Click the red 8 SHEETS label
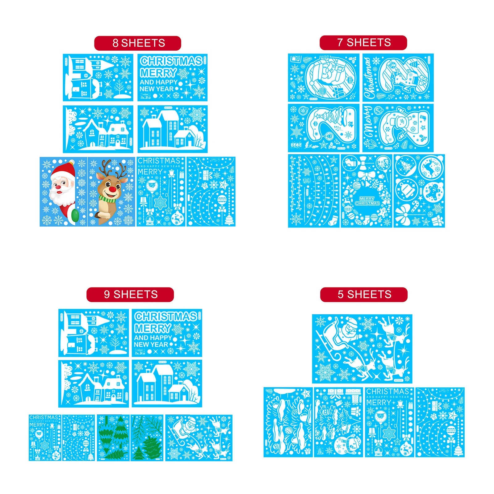[x=137, y=43]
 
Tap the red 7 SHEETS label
[x=363, y=43]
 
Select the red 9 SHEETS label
[x=130, y=294]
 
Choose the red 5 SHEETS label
[x=364, y=294]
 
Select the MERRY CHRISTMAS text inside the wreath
[x=367, y=201]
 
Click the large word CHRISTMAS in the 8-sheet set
[x=171, y=61]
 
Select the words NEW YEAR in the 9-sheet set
[x=151, y=344]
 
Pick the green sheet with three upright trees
[x=113, y=438]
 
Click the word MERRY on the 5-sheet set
[x=379, y=403]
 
